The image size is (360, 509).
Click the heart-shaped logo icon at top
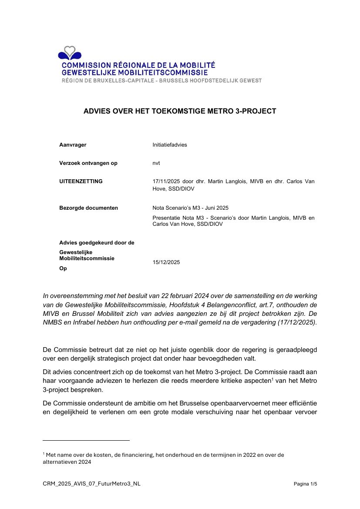coord(69,53)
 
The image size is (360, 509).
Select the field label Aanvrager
coord(73,145)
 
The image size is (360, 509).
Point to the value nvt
coord(156,163)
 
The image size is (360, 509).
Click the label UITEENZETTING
coord(81,181)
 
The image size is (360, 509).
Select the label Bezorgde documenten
coord(88,208)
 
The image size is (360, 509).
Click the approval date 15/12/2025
coord(166,262)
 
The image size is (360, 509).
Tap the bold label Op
coord(63,269)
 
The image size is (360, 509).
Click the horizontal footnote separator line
coord(86,440)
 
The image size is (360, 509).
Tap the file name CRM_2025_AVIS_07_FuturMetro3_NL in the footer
coord(91,484)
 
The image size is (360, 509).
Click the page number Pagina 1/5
coord(306,484)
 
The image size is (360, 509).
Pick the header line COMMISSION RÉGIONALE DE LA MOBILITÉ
coord(138,65)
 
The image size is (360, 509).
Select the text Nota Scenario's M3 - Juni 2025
coord(190,208)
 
